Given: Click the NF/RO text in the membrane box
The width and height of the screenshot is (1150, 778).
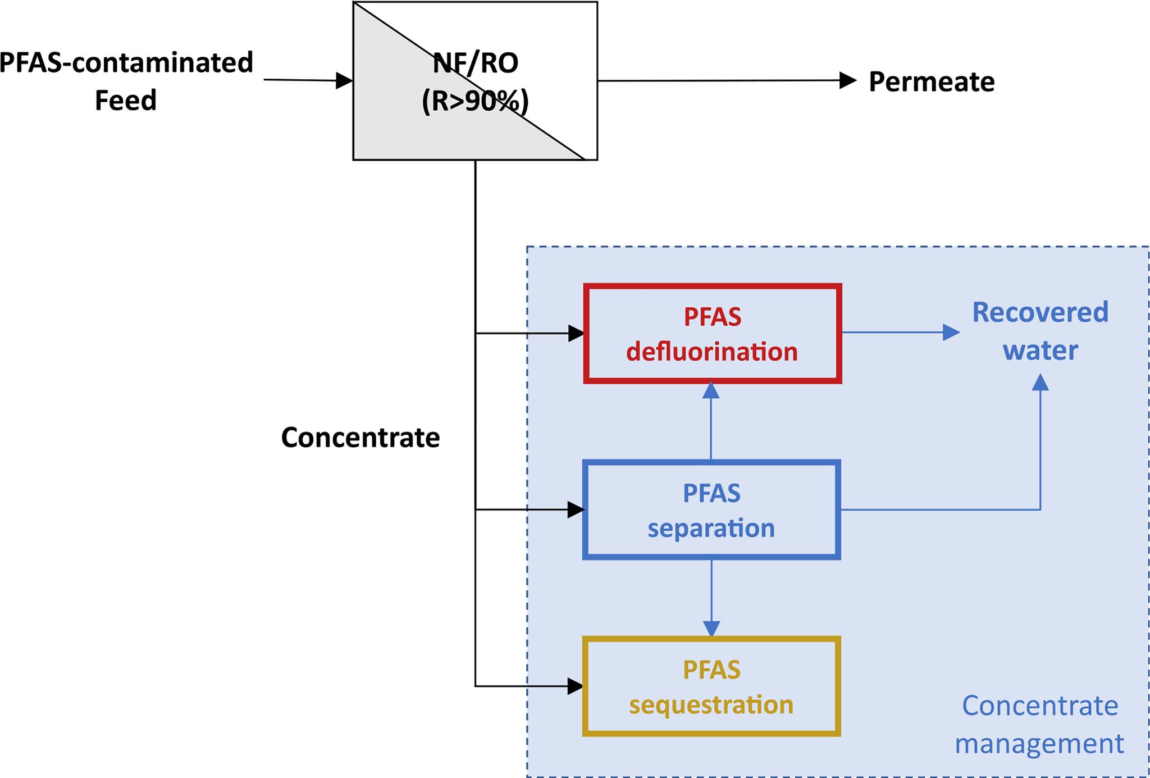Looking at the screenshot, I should [475, 63].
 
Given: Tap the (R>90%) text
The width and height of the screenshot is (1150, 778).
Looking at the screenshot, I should [475, 102].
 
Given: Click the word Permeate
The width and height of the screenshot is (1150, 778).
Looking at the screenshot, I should [932, 82].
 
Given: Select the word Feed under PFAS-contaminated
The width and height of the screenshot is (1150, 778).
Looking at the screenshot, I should [125, 101].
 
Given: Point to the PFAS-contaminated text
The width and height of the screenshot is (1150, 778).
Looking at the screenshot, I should [126, 62].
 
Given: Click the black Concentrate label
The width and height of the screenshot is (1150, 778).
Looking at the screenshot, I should [360, 438].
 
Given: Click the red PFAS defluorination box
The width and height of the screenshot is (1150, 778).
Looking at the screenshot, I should [711, 334].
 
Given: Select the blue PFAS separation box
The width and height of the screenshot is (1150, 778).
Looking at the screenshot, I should [711, 510].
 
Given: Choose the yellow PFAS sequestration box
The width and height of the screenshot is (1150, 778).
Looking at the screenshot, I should [711, 686].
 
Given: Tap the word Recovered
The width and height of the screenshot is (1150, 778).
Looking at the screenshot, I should [1040, 312].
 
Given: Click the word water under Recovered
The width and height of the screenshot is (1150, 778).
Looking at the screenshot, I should [1040, 351].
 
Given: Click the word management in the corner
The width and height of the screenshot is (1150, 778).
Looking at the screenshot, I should [1039, 744].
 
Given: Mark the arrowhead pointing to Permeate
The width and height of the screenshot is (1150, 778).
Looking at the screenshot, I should [847, 80].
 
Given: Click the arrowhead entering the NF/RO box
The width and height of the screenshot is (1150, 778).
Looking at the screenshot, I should [344, 81].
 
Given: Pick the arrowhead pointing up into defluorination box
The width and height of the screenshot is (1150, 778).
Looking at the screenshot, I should [711, 390].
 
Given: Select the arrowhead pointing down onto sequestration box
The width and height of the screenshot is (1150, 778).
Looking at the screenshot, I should [711, 629].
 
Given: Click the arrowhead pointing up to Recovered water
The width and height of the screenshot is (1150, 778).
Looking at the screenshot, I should [1041, 383].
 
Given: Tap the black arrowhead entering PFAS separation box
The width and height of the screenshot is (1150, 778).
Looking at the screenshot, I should [576, 510].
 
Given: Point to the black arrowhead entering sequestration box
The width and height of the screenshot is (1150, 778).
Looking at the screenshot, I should [576, 686].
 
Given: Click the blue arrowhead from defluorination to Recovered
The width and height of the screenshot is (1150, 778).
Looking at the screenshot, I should [951, 333].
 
